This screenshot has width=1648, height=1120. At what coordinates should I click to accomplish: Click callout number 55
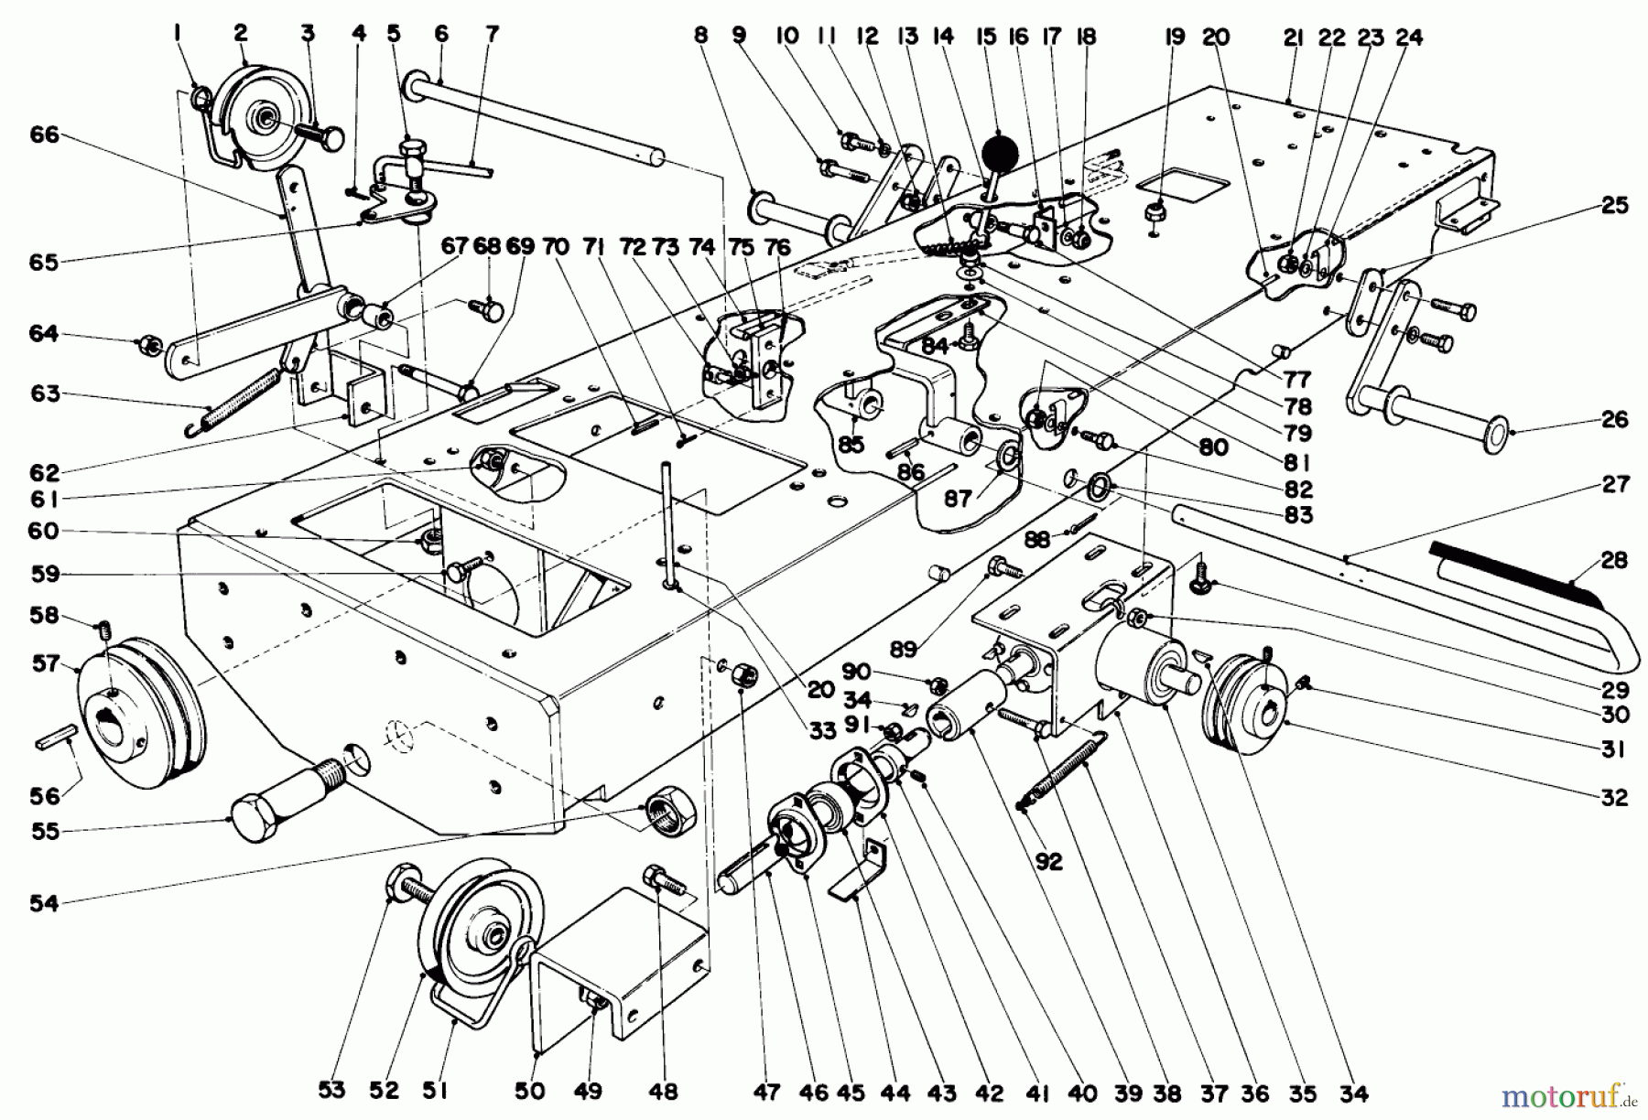(x=43, y=832)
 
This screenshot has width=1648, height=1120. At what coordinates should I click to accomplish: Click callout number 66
(x=44, y=135)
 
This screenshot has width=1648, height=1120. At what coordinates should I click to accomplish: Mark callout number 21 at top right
(x=1293, y=38)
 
